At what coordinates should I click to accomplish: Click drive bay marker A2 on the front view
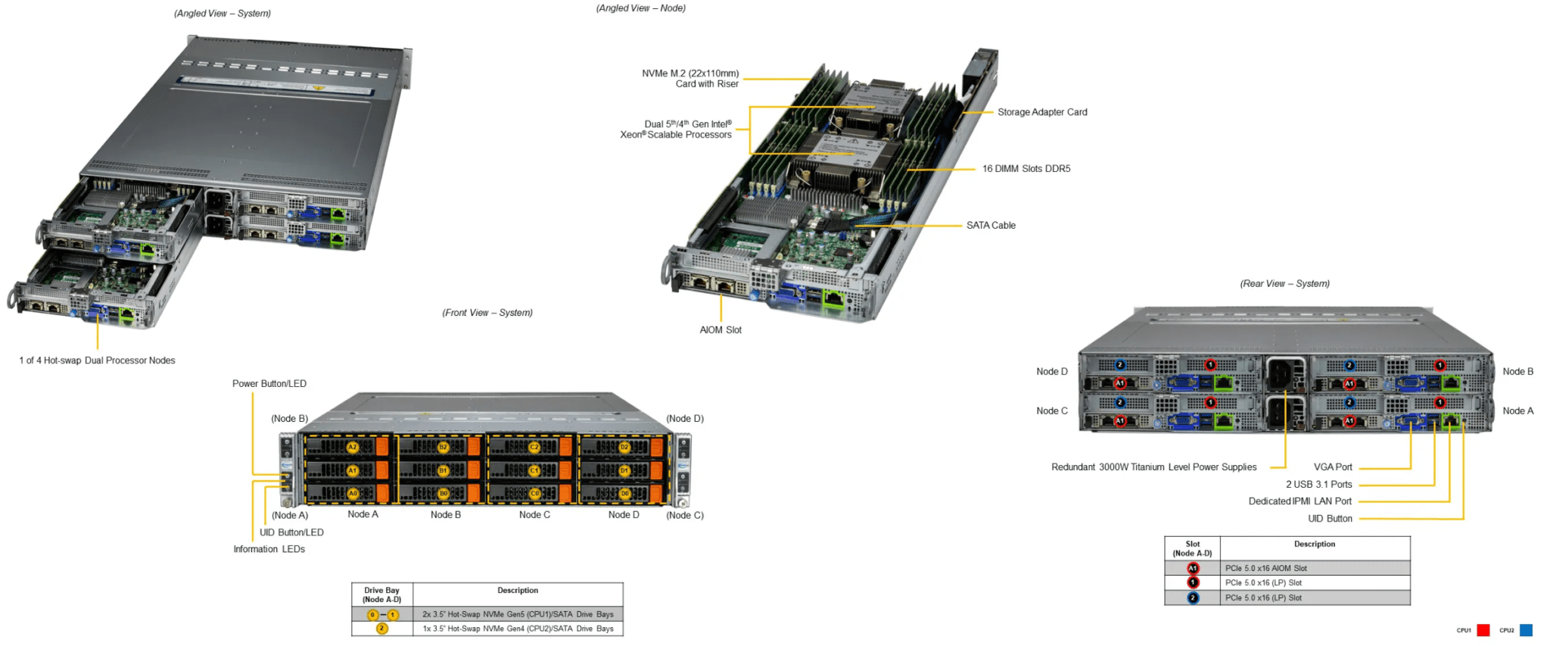pos(352,448)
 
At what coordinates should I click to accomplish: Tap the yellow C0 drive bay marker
pos(534,493)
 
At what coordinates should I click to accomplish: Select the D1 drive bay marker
pos(624,470)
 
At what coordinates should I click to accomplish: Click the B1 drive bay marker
pos(444,470)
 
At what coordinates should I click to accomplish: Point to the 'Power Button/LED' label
pos(269,384)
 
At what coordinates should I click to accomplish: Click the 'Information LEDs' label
pos(269,549)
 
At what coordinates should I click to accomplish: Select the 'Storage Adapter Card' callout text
pos(1042,112)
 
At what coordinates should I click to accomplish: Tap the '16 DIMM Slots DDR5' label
pos(1026,169)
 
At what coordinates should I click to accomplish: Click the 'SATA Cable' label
pos(991,226)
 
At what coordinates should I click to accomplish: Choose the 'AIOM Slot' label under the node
pos(721,330)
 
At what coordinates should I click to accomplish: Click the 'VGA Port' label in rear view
pos(1333,467)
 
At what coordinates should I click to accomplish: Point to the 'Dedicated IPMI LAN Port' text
pos(1299,501)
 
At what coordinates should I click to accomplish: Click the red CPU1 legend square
pos(1483,630)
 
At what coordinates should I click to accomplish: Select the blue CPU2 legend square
pos(1526,630)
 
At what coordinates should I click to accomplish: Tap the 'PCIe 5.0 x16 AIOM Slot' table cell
pos(1266,568)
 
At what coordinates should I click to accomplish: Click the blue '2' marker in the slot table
pos(1193,598)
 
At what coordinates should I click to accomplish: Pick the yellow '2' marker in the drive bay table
pos(382,629)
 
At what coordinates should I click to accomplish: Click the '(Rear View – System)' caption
pos(1284,284)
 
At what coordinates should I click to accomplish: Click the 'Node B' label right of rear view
pos(1517,372)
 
